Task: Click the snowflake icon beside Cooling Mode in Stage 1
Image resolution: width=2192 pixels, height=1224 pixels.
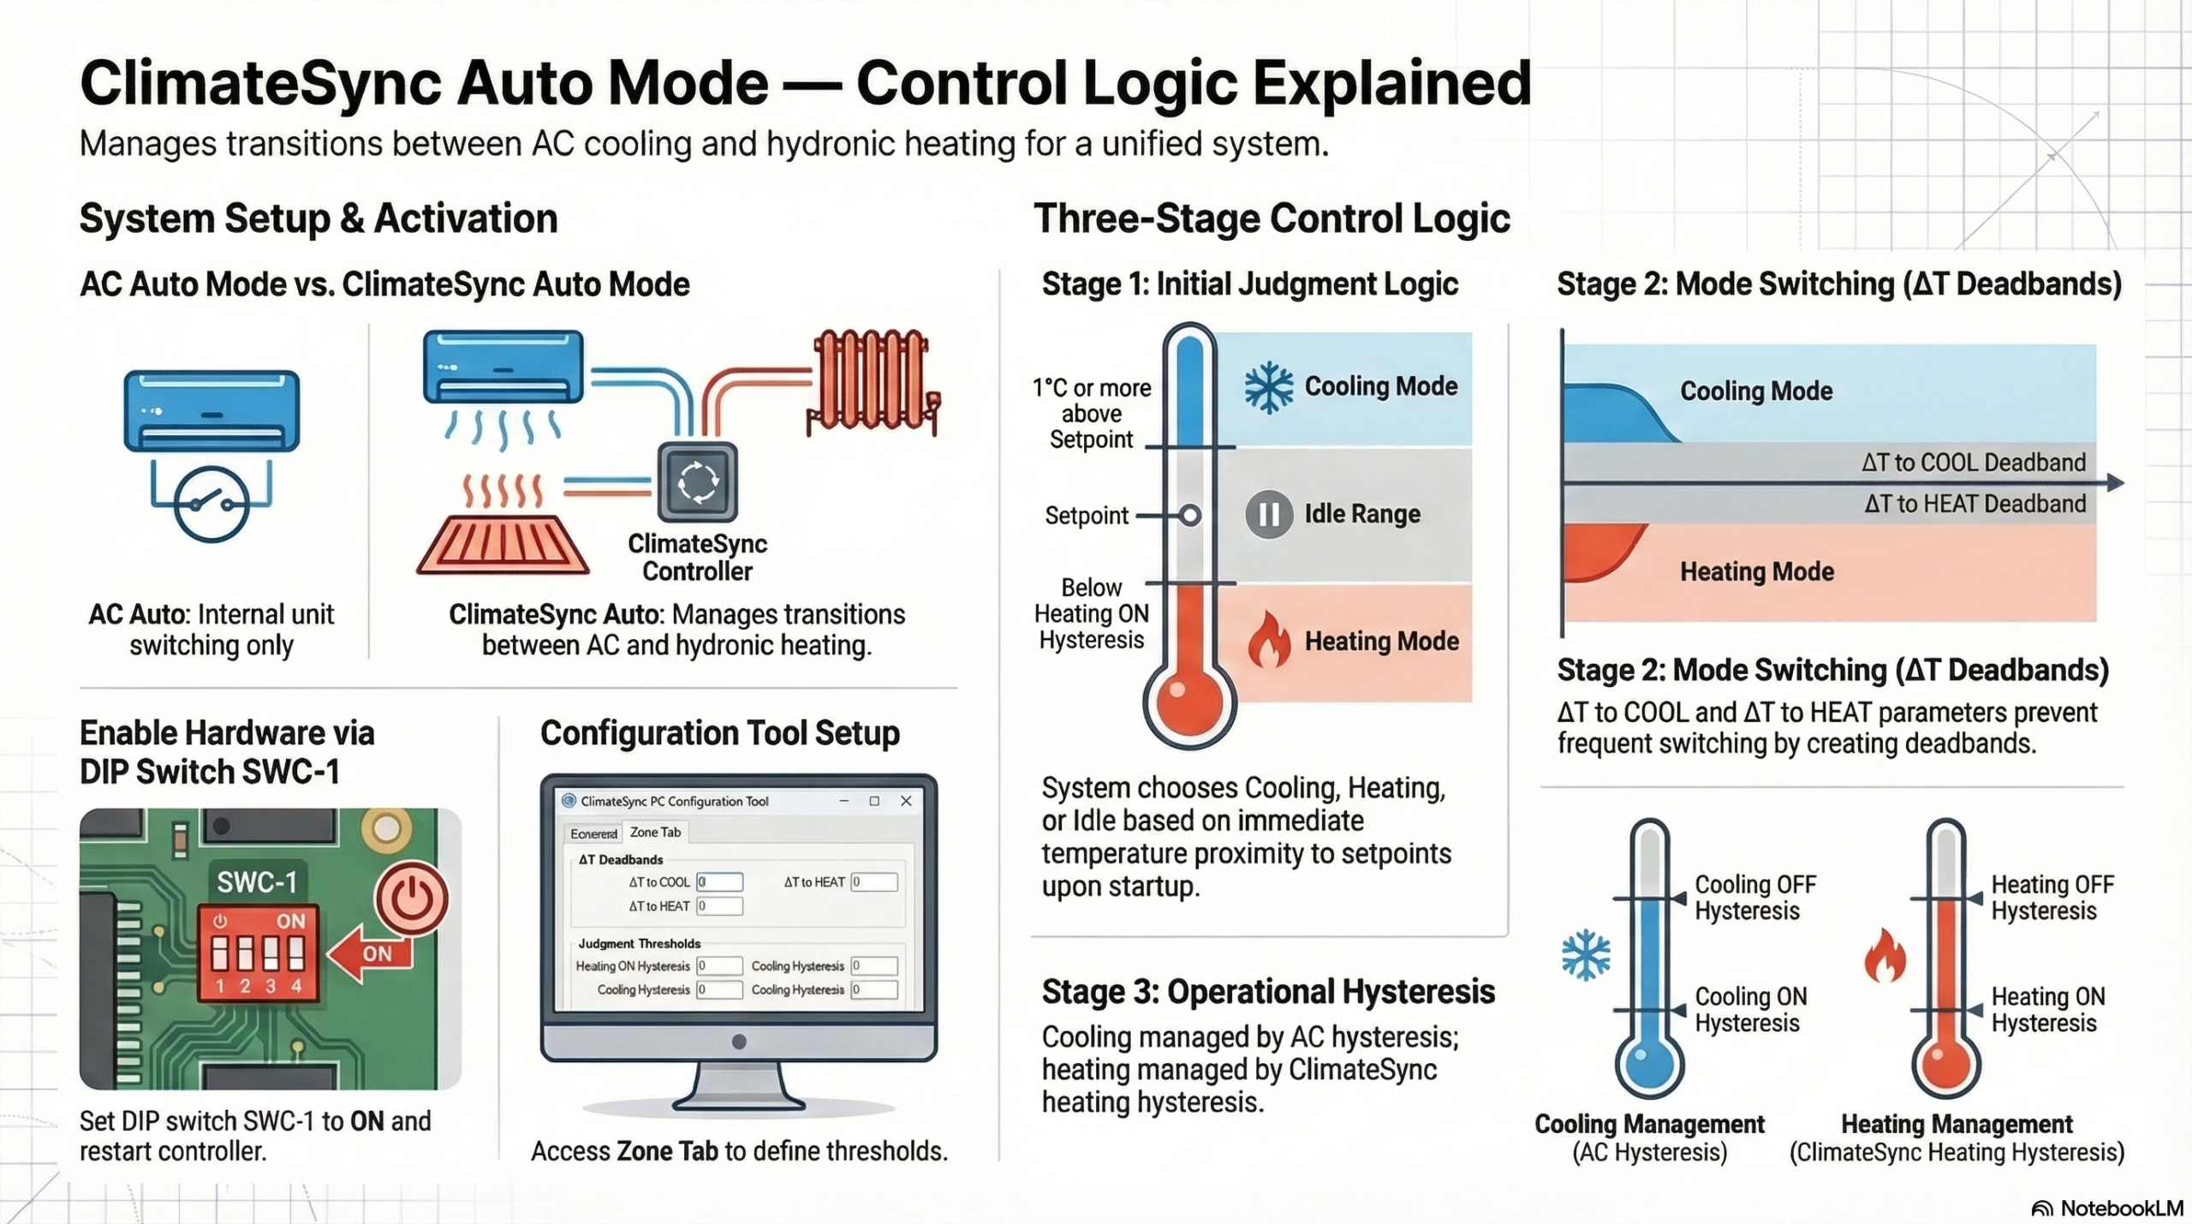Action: click(x=1268, y=388)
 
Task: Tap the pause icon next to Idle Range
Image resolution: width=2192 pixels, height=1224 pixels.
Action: click(x=1268, y=515)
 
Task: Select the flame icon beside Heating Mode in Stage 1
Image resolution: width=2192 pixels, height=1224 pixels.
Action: click(x=1268, y=641)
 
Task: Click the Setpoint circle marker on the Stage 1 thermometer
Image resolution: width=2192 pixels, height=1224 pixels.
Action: click(x=1190, y=516)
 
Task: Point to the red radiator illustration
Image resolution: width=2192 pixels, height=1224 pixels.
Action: click(x=873, y=380)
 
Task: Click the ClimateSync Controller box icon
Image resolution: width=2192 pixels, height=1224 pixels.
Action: click(x=697, y=482)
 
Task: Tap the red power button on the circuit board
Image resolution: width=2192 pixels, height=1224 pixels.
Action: click(x=412, y=899)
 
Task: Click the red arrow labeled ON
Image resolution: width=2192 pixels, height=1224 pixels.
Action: click(x=368, y=953)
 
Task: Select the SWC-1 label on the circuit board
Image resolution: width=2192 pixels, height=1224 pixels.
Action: click(x=257, y=882)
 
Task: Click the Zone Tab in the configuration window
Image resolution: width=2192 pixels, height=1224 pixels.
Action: click(x=655, y=833)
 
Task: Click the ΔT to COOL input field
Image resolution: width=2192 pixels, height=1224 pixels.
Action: click(x=719, y=882)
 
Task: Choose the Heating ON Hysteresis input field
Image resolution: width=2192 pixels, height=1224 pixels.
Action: click(x=719, y=966)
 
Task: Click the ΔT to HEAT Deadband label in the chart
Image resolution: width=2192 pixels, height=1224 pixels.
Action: click(x=1975, y=504)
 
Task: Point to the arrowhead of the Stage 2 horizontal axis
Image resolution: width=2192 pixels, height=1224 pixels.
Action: click(x=2115, y=483)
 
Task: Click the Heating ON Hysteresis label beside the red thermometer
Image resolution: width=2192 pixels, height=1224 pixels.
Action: click(x=2047, y=1010)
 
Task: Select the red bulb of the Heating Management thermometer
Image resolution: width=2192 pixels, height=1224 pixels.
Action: click(x=1945, y=1066)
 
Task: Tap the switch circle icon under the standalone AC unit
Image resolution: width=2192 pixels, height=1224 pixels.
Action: click(x=211, y=505)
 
